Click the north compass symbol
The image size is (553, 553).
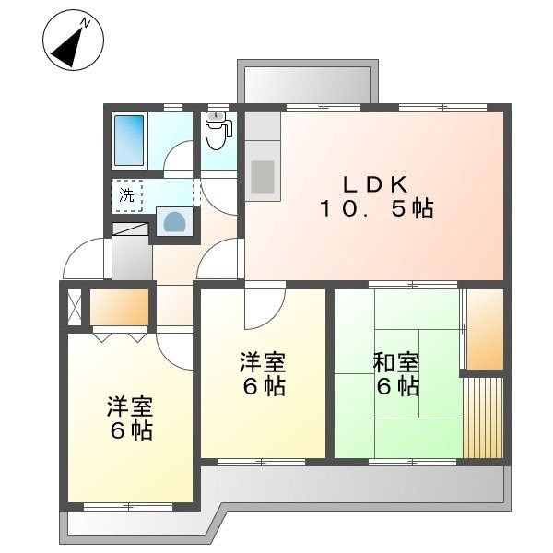(x=72, y=42)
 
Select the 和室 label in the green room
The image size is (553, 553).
(x=397, y=362)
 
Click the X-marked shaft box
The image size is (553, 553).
(x=75, y=307)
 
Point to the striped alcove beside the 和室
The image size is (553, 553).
(x=483, y=416)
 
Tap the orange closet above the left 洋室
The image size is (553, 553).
(x=119, y=307)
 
